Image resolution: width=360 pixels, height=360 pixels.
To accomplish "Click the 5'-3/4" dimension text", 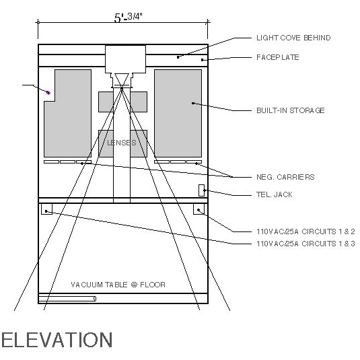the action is pyautogui.click(x=129, y=17).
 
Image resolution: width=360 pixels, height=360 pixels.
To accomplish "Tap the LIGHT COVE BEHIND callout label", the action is pyautogui.click(x=293, y=38).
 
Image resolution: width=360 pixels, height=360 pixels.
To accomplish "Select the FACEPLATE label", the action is pyautogui.click(x=278, y=57).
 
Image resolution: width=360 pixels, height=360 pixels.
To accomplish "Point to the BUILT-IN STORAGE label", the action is pyautogui.click(x=291, y=110).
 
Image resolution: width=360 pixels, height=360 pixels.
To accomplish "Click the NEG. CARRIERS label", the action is pyautogui.click(x=285, y=177).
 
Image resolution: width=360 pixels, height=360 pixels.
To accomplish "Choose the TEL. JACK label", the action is pyautogui.click(x=275, y=194).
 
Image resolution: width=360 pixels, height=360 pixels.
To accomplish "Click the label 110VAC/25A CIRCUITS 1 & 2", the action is pyautogui.click(x=305, y=231).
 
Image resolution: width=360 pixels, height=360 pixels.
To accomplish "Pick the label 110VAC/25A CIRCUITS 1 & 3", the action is pyautogui.click(x=305, y=244).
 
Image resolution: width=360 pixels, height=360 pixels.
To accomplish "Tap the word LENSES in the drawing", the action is pyautogui.click(x=122, y=143).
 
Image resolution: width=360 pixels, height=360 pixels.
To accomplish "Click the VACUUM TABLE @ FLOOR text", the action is pyautogui.click(x=118, y=285).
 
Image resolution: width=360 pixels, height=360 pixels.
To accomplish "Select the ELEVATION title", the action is pyautogui.click(x=57, y=340).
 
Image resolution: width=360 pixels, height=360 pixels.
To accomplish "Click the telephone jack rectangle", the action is pyautogui.click(x=201, y=190).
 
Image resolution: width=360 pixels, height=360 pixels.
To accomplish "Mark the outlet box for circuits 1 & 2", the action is pyautogui.click(x=199, y=209).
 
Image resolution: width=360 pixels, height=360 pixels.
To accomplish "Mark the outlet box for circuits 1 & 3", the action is pyautogui.click(x=46, y=209).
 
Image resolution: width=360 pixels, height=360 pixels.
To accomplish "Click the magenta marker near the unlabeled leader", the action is pyautogui.click(x=48, y=93).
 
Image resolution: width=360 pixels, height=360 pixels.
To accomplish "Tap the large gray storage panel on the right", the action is pyautogui.click(x=178, y=114).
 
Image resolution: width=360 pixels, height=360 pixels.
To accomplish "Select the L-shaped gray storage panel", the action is pyautogui.click(x=69, y=124).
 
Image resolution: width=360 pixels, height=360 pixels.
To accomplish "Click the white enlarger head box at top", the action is pyautogui.click(x=125, y=59).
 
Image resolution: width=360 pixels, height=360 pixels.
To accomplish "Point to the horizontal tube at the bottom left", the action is pyautogui.click(x=67, y=299).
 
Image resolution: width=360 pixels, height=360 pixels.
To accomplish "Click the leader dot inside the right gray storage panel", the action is pyautogui.click(x=193, y=104).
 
